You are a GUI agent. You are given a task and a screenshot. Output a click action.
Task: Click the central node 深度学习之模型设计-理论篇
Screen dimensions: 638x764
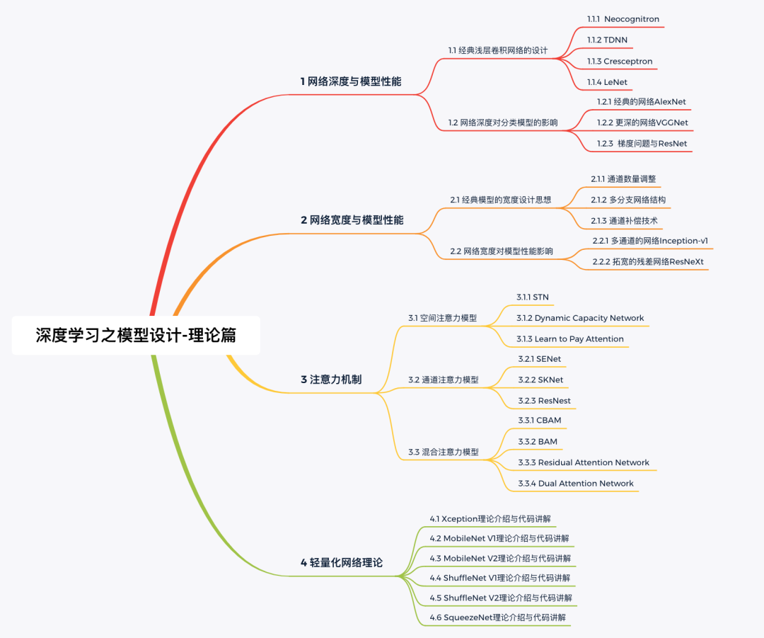136,335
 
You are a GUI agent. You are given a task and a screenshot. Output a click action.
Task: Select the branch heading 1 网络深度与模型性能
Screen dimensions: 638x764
350,81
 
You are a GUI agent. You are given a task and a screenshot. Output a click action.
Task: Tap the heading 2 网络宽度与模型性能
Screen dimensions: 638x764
352,220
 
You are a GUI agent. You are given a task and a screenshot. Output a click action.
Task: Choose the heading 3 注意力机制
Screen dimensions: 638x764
330,380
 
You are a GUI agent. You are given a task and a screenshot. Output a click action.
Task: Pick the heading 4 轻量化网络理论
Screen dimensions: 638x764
341,563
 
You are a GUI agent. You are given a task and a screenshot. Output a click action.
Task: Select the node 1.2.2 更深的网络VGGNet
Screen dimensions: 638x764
642,123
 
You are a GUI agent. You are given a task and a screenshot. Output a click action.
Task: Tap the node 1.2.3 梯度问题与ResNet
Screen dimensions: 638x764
642,144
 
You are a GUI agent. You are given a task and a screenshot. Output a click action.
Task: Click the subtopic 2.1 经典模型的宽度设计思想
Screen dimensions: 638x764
500,200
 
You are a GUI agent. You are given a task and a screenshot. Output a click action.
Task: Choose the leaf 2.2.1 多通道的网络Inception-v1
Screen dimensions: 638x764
650,241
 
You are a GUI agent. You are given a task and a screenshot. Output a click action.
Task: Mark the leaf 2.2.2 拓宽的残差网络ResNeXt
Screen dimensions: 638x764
648,262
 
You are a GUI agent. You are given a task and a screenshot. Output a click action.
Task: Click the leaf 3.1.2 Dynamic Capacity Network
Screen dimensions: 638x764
580,318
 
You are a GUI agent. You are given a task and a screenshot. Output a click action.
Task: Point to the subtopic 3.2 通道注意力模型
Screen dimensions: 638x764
443,380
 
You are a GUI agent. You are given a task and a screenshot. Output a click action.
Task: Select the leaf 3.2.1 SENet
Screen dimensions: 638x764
539,359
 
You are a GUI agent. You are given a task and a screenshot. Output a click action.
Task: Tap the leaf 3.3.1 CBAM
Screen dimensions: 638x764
539,421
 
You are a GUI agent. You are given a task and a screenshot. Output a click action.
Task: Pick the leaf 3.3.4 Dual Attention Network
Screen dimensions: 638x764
576,484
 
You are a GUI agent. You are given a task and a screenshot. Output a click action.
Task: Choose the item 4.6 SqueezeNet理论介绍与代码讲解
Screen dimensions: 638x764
497,617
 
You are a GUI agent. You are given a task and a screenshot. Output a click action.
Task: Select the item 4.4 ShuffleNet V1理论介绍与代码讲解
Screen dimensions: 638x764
499,578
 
